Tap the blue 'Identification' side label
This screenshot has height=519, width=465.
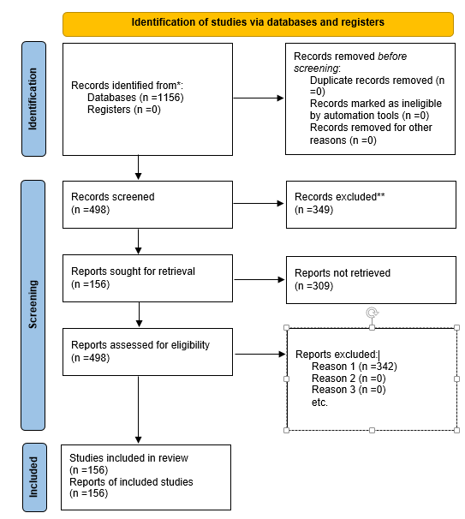coord(33,99)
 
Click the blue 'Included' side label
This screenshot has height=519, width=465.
coord(33,476)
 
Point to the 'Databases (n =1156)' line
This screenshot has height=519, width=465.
coord(135,98)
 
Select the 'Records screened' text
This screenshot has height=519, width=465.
coord(113,197)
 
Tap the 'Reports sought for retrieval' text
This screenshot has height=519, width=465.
coord(134,271)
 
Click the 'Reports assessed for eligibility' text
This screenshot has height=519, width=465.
coord(140,346)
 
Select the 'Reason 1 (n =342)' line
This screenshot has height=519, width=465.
coord(354,367)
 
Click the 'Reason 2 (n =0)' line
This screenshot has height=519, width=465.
coord(348,379)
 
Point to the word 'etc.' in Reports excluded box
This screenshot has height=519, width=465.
coord(319,402)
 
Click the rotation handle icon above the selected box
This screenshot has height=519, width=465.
coord(372,313)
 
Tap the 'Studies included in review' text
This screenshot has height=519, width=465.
coord(128,458)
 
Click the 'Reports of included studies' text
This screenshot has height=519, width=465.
coord(131,481)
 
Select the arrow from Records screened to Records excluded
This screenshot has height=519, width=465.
coord(259,204)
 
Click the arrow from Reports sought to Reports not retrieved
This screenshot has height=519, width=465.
coord(259,278)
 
